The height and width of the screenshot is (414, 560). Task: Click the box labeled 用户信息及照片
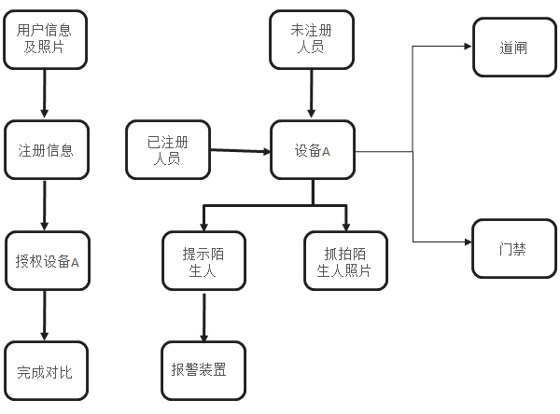[x=45, y=39]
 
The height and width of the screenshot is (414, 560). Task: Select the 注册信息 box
[x=45, y=149]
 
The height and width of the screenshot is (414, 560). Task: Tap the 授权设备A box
[x=45, y=261]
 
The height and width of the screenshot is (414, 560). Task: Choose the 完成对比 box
[x=45, y=371]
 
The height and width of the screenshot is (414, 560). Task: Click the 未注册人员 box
[x=312, y=39]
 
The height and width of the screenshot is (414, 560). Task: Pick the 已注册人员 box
[x=167, y=150]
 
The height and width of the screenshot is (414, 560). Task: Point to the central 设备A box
[x=312, y=150]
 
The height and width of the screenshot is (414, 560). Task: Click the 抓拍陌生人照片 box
[x=346, y=260]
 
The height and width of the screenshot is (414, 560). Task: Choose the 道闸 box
[x=514, y=47]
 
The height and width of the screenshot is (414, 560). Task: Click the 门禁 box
[x=514, y=249]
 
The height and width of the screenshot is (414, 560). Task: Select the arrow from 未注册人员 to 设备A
[x=312, y=95]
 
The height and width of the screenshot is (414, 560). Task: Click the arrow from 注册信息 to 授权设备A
[x=45, y=205]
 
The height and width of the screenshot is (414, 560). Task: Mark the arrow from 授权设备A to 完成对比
[x=45, y=315]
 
